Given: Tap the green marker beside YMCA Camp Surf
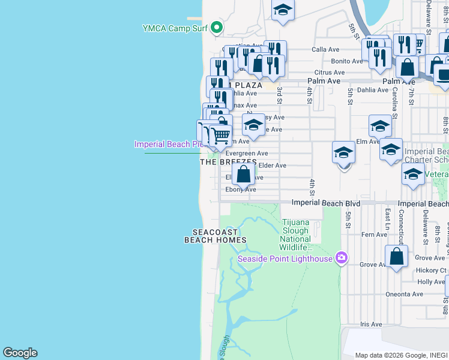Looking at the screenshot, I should [x=217, y=27].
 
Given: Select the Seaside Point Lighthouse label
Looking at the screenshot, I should [x=285, y=259].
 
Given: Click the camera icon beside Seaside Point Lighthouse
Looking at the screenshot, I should [x=342, y=258].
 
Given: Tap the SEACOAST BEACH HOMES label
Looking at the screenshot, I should [x=215, y=236].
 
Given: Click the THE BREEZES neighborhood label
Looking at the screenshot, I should [x=228, y=162].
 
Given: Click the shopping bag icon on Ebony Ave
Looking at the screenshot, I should [x=243, y=175].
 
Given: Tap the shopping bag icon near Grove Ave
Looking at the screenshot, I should [x=396, y=256].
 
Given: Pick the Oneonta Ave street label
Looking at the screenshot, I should [x=405, y=294].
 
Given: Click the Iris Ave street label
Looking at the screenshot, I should [x=371, y=324].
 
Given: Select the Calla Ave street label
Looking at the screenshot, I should [x=325, y=50].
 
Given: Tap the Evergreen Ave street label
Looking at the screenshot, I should [x=246, y=154].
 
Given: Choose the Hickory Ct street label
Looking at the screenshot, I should [x=432, y=271].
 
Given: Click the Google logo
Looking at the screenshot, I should [x=20, y=353].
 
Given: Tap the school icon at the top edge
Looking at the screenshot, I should [x=282, y=10].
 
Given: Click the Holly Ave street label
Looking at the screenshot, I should [x=431, y=281].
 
